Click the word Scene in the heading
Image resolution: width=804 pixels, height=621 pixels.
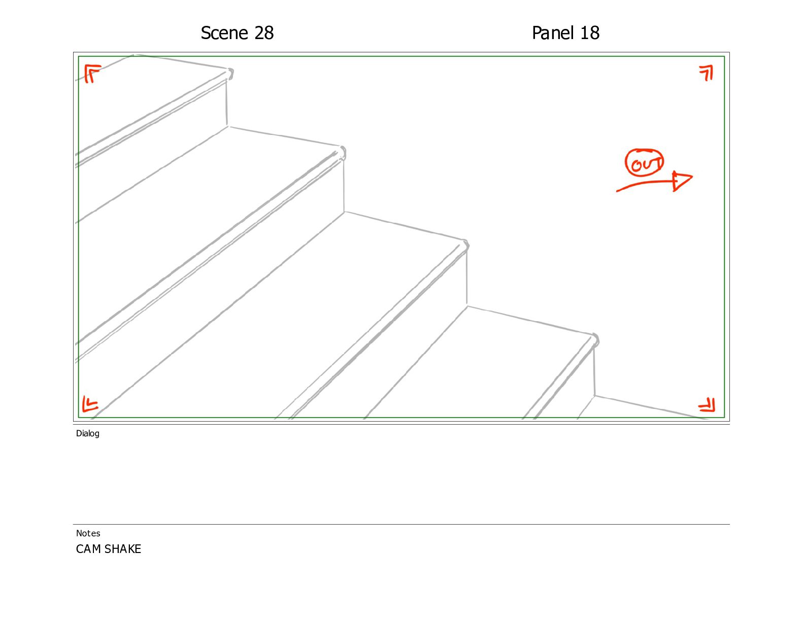[224, 33]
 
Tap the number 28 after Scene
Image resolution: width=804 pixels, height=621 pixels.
[264, 33]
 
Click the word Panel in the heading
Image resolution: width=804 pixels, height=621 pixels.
[553, 33]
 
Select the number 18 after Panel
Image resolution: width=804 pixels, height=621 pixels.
[590, 33]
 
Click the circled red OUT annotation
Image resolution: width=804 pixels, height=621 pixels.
[645, 163]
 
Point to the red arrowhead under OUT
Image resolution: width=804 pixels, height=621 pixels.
[682, 181]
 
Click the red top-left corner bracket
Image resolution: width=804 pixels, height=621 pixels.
[92, 73]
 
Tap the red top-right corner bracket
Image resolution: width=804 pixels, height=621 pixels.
[707, 73]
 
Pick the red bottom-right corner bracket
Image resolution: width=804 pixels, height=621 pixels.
[707, 405]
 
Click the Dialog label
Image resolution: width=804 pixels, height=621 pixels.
[88, 433]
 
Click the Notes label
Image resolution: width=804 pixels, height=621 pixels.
[88, 533]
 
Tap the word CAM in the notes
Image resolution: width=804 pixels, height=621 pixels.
[89, 549]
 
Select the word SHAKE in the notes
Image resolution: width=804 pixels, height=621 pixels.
[123, 549]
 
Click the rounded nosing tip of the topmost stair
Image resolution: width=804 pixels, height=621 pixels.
[230, 73]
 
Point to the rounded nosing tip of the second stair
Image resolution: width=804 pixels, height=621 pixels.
[342, 153]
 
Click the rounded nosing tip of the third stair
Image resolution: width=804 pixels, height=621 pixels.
[465, 246]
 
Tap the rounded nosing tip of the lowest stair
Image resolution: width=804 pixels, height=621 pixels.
[595, 340]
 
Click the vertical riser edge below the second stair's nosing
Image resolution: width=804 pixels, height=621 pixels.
[344, 186]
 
